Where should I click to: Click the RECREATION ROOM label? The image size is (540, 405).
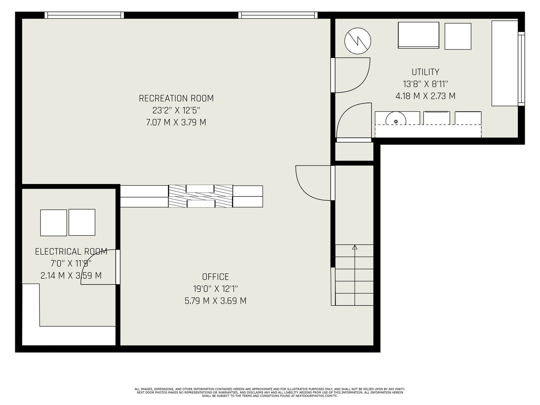coord(176,98)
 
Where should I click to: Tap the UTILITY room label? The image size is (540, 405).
coord(425,72)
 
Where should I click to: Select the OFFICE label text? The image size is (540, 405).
coord(216,277)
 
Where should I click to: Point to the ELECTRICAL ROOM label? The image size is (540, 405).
coord(71,251)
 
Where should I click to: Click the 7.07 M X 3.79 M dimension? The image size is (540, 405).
coord(176,122)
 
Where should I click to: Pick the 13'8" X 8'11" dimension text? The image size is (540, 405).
coord(425,84)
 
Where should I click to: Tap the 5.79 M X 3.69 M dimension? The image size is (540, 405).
coord(216,301)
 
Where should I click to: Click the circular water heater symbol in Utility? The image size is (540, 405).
coord(358,41)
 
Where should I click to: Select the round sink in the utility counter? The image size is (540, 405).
coord(396,119)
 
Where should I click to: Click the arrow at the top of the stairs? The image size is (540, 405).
coord(354,247)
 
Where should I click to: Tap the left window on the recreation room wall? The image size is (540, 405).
coord(84,15)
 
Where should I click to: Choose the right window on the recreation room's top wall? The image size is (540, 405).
coord(278,15)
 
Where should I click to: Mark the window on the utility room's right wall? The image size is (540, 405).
coord(521,69)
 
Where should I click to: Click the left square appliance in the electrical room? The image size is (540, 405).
coord(54,223)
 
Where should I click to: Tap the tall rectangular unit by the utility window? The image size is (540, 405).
coord(505,63)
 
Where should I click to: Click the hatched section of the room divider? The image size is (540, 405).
coord(200,196)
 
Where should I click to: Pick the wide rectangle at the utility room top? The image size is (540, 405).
coord(418,35)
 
